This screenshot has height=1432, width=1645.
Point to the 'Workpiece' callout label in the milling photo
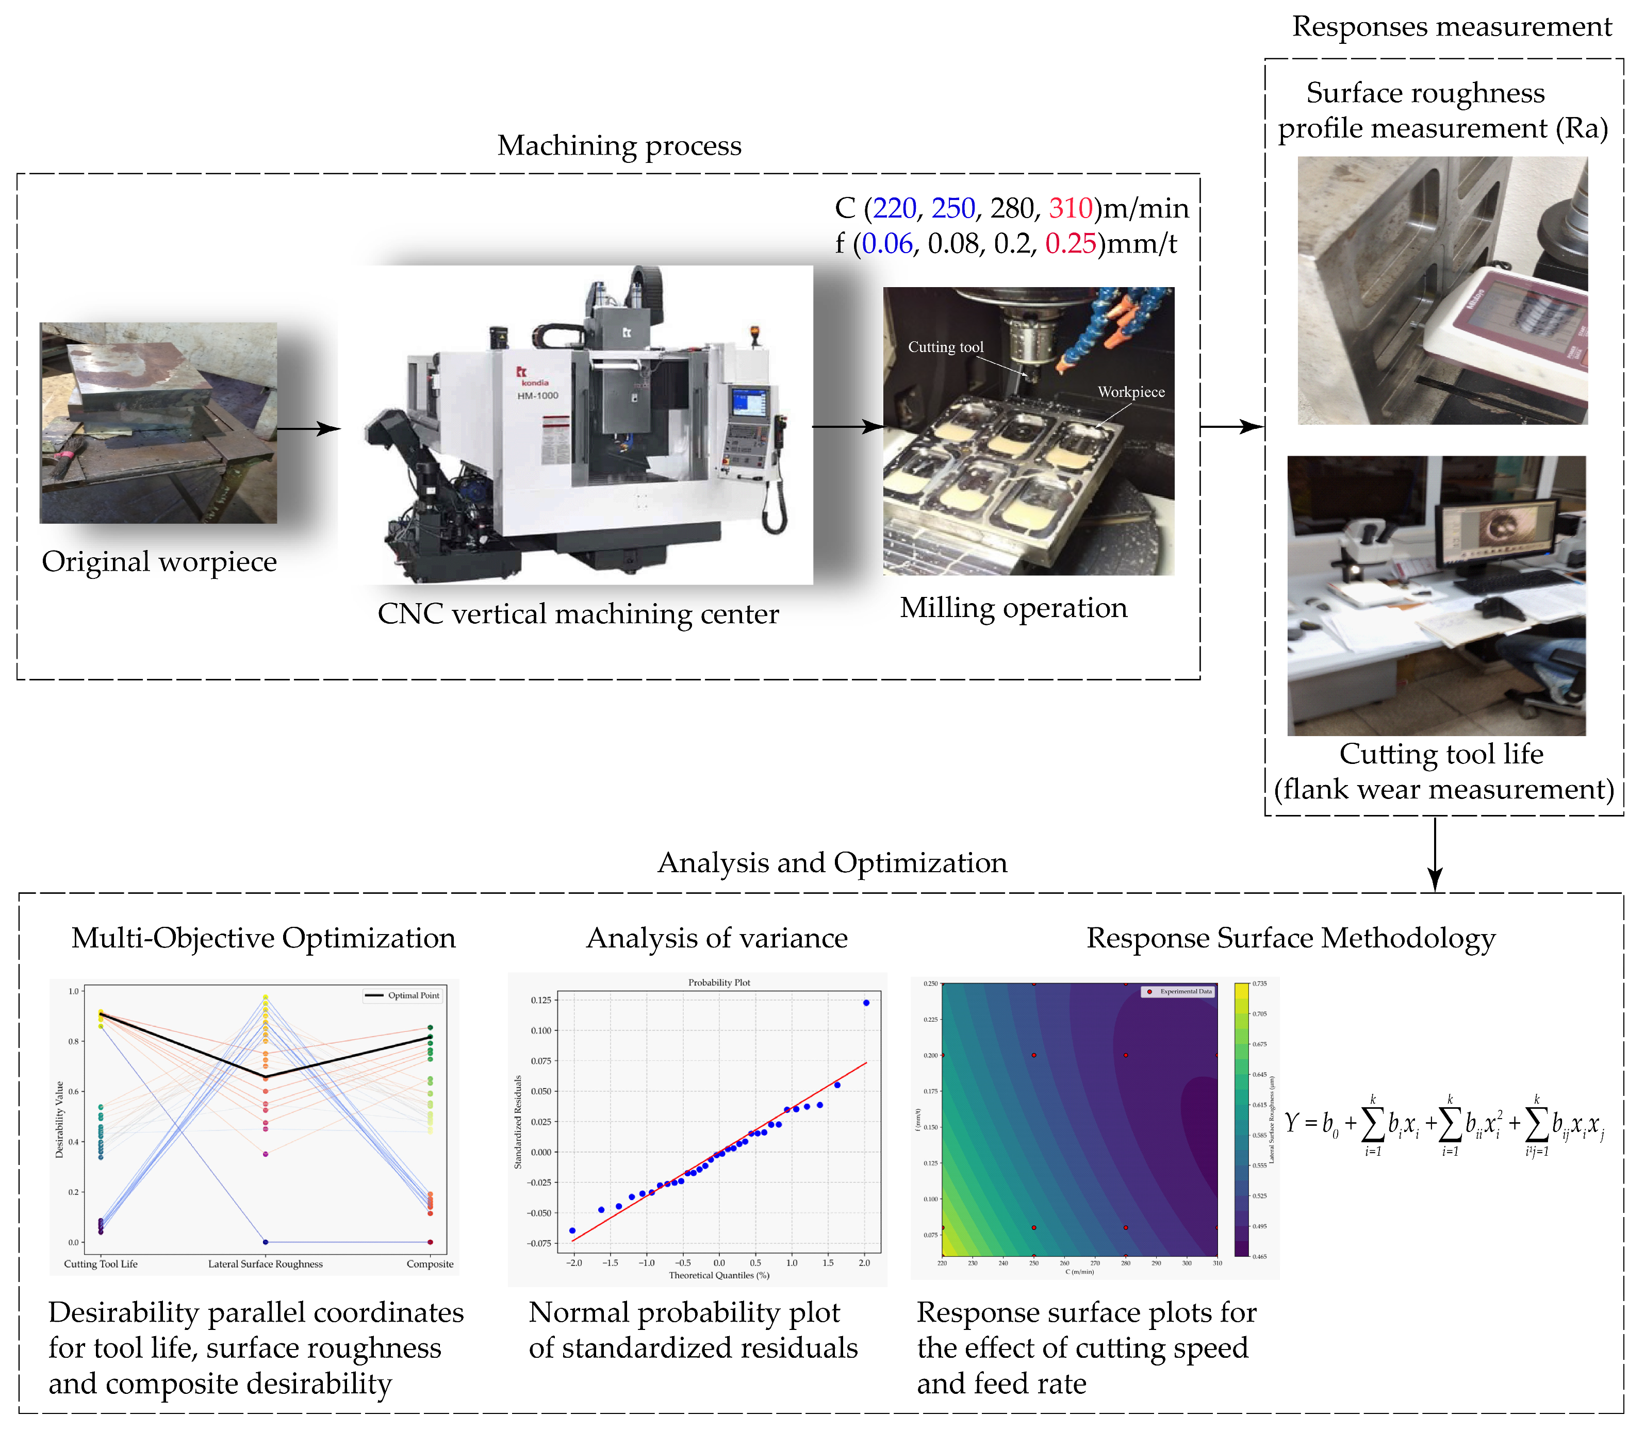(x=1130, y=392)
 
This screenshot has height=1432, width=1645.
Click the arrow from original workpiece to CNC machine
(x=308, y=429)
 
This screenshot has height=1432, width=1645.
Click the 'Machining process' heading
(x=619, y=145)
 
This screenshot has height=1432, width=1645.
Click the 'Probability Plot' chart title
(x=718, y=982)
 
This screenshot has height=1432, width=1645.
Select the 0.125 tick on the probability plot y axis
(x=541, y=1000)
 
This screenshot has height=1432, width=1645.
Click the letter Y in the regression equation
(x=1291, y=1123)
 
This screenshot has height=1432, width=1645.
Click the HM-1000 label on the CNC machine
(x=537, y=395)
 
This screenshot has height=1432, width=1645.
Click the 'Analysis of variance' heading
(x=716, y=938)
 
